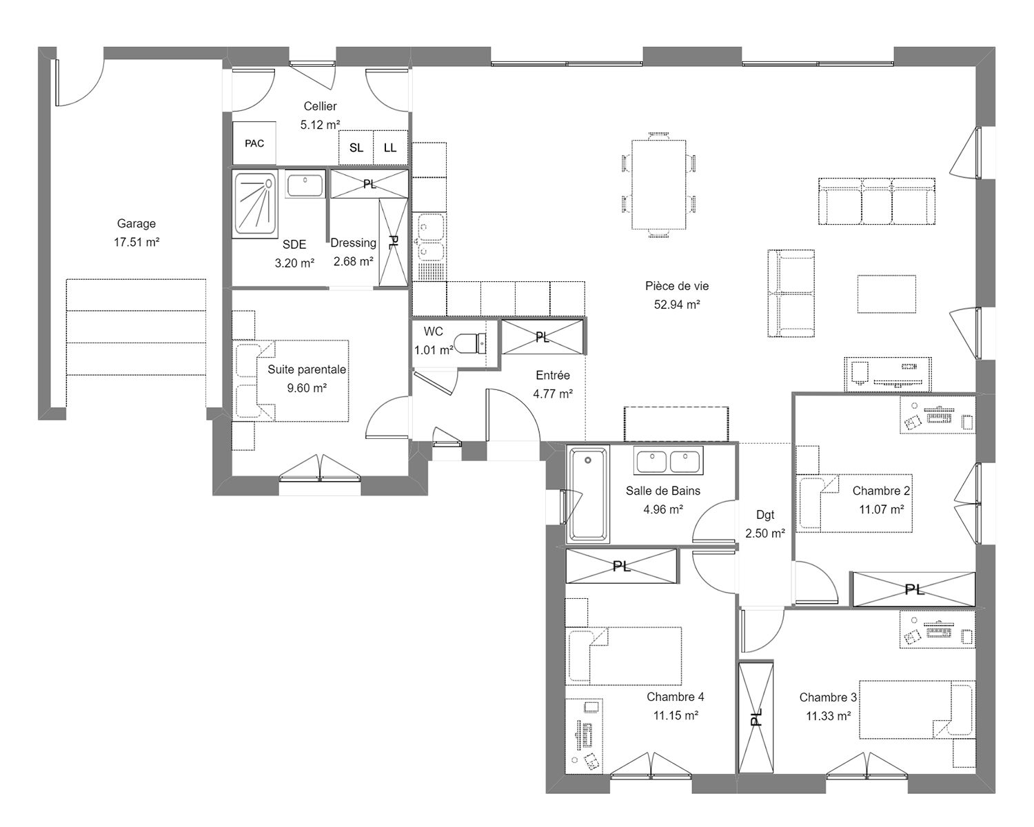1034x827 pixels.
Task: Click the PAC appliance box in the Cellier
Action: [254, 143]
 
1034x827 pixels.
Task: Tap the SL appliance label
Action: [356, 147]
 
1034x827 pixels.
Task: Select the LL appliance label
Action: [389, 147]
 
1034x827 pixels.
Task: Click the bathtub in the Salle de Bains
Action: [587, 494]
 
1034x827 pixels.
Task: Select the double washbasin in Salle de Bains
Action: [668, 461]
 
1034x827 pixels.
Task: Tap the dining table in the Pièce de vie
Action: [658, 185]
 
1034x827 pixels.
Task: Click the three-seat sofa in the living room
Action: [876, 201]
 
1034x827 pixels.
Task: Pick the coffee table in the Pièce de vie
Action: [886, 294]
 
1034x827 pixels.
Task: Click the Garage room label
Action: [136, 223]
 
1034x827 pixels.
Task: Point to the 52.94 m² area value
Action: [677, 304]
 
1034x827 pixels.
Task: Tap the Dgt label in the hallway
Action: [765, 515]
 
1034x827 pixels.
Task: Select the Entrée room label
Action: [553, 376]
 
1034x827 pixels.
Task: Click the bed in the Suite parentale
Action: [291, 381]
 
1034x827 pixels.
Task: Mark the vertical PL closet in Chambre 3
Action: [756, 718]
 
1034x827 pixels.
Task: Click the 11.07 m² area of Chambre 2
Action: [882, 509]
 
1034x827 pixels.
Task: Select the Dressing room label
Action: [353, 243]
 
